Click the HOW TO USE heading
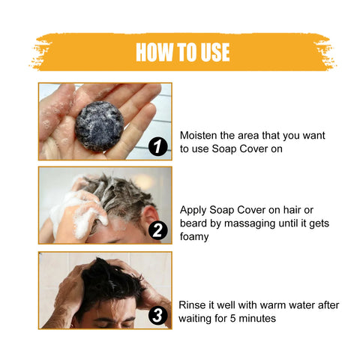tap(182, 52)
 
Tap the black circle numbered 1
tap(157, 147)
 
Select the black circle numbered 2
tap(157, 230)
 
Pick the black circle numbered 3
tap(157, 315)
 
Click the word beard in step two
tap(196, 224)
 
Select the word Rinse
tap(194, 304)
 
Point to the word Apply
tap(196, 211)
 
